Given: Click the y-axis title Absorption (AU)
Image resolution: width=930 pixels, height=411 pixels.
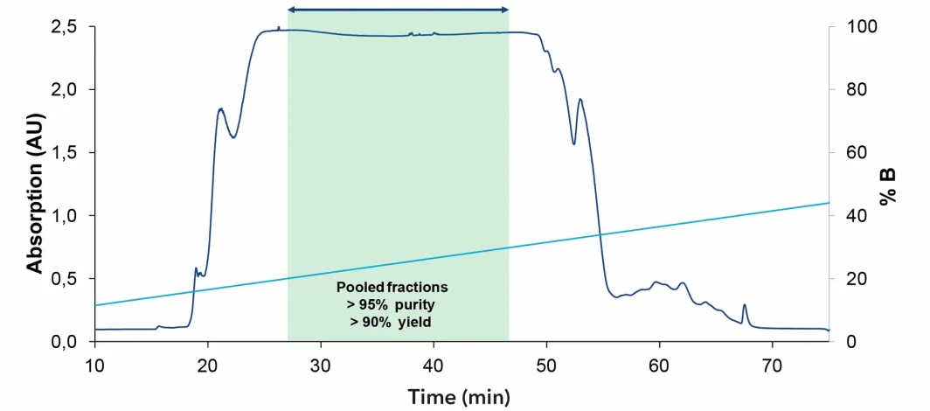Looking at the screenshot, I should pyautogui.click(x=34, y=183).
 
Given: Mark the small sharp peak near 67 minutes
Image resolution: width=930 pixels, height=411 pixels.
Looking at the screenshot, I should pyautogui.click(x=744, y=306).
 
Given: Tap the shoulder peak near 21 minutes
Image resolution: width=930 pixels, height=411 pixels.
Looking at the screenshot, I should pyautogui.click(x=221, y=109).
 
